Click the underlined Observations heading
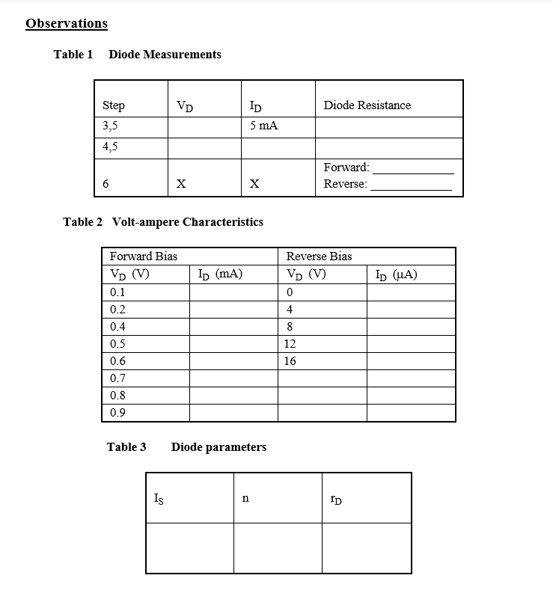click(x=67, y=23)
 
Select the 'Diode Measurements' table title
click(x=165, y=55)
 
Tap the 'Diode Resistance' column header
click(x=367, y=105)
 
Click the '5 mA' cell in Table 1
click(x=263, y=126)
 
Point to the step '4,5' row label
click(x=111, y=147)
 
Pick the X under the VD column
click(x=180, y=184)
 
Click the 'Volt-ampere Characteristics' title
click(x=187, y=222)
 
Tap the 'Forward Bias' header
click(x=144, y=256)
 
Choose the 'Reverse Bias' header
click(x=319, y=256)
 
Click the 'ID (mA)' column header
click(x=220, y=274)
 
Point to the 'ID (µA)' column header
click(x=396, y=274)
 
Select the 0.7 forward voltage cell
click(x=117, y=378)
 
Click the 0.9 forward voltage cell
click(x=117, y=413)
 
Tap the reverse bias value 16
click(x=290, y=361)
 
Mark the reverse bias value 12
click(x=290, y=344)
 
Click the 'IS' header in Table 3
click(x=158, y=497)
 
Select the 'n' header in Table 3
click(x=245, y=497)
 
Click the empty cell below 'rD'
click(x=367, y=547)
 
